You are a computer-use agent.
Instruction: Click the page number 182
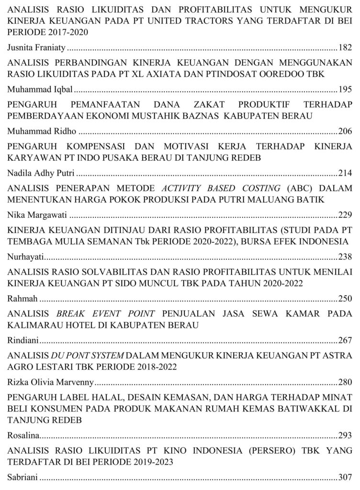click(345, 47)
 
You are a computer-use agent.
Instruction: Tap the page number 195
click(345, 89)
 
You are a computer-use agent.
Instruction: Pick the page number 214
click(345, 173)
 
